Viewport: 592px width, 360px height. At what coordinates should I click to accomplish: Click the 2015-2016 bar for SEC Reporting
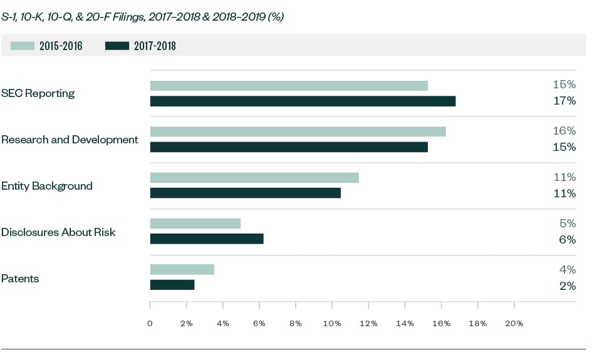289,86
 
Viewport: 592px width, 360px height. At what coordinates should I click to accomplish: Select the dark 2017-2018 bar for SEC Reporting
303,101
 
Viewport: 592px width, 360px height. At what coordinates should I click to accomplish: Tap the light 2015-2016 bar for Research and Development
298,131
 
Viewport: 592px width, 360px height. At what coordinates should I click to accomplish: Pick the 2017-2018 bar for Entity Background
245,193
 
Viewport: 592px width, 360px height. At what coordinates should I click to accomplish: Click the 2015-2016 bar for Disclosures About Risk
195,224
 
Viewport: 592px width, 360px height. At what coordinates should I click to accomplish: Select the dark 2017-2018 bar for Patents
172,285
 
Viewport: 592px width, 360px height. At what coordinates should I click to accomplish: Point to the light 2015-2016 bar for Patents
182,270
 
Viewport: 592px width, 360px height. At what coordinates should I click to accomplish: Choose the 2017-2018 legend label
155,46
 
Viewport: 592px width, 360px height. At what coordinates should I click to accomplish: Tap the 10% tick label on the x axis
332,324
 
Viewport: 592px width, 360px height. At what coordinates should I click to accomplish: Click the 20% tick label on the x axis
514,324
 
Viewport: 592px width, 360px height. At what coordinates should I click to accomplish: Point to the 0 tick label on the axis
150,324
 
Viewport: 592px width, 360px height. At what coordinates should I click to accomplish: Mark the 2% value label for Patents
567,285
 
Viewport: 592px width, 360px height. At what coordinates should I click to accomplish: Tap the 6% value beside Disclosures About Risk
567,239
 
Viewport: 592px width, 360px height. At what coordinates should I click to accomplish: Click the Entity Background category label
47,186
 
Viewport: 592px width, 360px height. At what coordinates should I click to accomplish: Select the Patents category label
20,279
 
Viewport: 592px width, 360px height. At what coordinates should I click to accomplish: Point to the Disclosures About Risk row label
58,232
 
